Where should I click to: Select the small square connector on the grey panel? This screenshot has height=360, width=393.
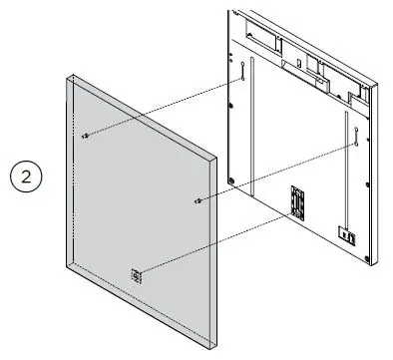point(138,271)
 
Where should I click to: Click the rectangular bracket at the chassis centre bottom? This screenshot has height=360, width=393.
point(296,200)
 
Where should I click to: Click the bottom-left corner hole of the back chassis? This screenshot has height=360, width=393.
point(232,180)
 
